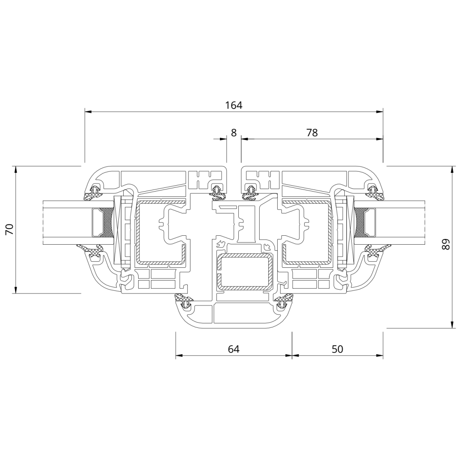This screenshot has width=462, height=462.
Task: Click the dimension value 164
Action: coord(234,105)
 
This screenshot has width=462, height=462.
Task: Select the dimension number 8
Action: coord(234,133)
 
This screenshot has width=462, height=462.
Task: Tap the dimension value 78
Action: coord(312,133)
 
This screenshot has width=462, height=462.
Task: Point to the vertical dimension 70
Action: coord(10,229)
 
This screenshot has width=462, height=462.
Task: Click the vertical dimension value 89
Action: coord(446,244)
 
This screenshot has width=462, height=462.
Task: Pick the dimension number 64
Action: coord(234,349)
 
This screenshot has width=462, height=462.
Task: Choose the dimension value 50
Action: coord(338,349)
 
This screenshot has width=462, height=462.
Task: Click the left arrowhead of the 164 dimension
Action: coord(88,112)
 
